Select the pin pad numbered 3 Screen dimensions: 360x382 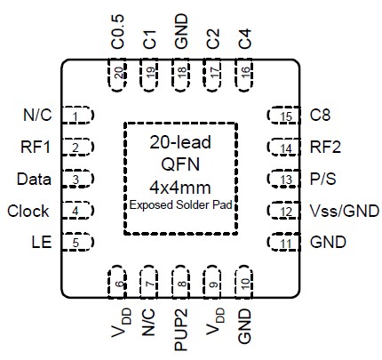pos(80,180)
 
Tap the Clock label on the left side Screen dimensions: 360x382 pos(28,212)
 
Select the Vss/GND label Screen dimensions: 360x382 pos(344,212)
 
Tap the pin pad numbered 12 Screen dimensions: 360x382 pos(283,212)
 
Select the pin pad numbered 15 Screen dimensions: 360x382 pos(283,116)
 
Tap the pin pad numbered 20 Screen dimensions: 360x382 pos(117,73)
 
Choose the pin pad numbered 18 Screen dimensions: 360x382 pos(181,73)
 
